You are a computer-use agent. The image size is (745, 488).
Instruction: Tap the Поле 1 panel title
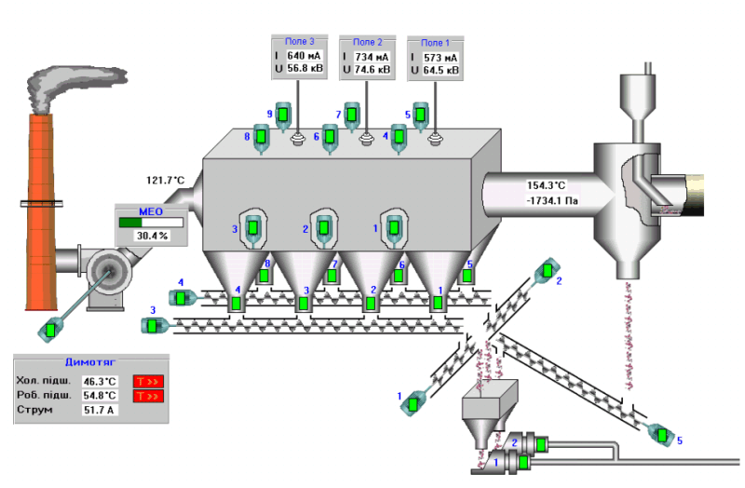coord(435,43)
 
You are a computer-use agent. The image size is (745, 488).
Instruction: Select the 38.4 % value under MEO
coord(151,236)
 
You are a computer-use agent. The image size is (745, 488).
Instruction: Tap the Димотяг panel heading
coord(89,363)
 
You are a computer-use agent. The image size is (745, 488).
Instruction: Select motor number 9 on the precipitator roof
coord(285,115)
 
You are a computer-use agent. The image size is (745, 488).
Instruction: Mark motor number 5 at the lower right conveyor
coord(661,435)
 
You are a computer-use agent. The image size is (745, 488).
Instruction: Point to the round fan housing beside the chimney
coord(105,270)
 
